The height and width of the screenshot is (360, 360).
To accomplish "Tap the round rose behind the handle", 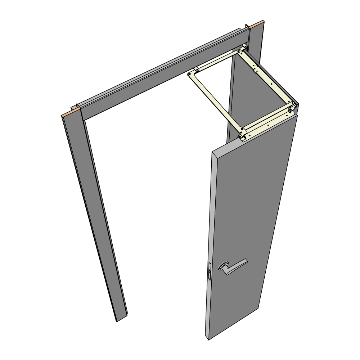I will pos(223,267).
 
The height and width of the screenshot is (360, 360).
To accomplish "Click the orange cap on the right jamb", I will pos(257,25).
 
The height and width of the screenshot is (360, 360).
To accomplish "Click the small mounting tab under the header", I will pos(197,69).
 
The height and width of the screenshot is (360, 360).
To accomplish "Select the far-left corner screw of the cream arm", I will pos(190,74).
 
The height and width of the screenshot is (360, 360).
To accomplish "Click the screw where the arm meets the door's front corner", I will pos(240,137).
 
